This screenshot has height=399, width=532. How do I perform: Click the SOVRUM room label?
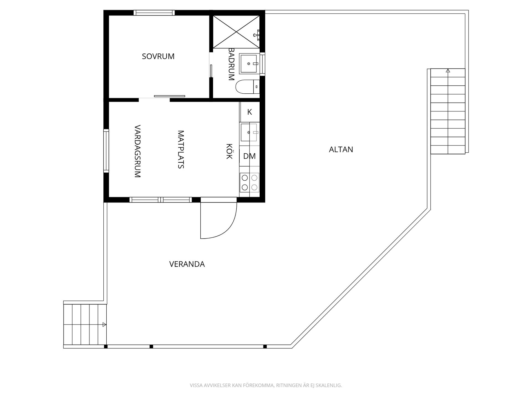pos(158,56)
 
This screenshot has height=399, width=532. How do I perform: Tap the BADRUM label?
pos(231,64)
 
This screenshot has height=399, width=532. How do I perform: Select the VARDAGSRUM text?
pos(138,151)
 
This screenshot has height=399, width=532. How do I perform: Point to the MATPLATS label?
pos(181,149)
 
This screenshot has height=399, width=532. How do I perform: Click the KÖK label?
pos(229,151)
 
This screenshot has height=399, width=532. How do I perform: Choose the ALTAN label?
pos(341,150)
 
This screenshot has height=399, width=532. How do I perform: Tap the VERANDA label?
pos(187,264)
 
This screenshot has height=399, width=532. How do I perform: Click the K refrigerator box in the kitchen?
pos(250,112)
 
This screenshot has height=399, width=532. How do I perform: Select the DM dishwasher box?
pos(250,156)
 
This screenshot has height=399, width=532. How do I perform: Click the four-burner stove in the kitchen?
pos(250,182)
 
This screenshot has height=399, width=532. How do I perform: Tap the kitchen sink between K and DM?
pos(250,133)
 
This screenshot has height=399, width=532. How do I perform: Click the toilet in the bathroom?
pos(247,87)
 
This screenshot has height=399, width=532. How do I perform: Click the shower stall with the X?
pos(236,32)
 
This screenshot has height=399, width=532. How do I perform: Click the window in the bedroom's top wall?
pos(154,13)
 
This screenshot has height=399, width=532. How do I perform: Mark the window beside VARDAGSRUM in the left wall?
pos(106,151)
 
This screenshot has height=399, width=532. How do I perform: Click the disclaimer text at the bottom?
pos(266,385)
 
